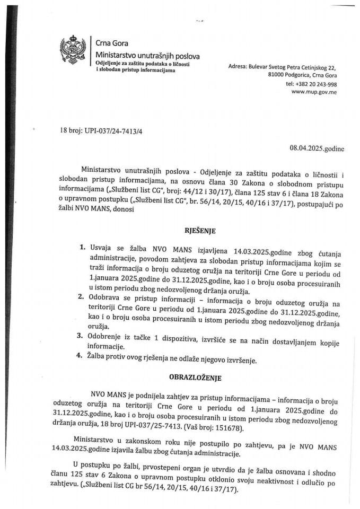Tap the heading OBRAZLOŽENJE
pyautogui.click(x=180, y=379)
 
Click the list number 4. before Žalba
pyautogui.click(x=82, y=361)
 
